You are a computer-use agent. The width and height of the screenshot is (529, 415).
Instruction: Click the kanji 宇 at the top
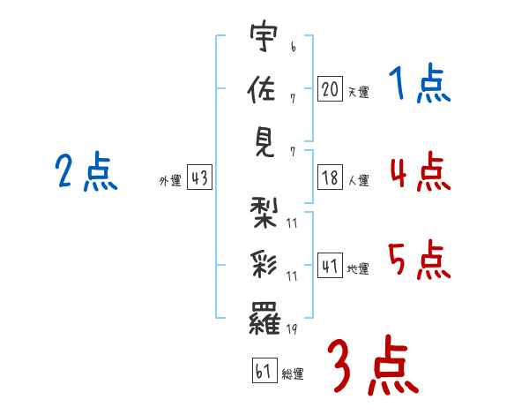264,35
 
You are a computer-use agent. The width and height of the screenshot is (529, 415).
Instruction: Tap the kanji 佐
262,88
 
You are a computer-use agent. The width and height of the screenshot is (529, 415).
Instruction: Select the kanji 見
264,143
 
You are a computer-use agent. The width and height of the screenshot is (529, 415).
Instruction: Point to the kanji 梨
264,212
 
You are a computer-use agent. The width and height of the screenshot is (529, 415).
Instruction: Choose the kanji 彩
264,265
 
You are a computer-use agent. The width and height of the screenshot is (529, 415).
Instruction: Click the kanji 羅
264,318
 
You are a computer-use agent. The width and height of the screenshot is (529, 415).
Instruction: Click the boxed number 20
330,88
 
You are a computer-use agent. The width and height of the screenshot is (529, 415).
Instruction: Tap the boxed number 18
330,177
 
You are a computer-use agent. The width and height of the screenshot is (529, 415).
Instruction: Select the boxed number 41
330,265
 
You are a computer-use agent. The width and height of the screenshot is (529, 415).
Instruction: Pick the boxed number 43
199,177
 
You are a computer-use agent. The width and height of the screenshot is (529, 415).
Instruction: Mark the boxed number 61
264,370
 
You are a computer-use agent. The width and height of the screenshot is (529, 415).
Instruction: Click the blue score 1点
420,83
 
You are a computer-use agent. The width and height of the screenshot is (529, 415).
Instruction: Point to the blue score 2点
86,170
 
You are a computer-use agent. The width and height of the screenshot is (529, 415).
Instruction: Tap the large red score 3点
374,365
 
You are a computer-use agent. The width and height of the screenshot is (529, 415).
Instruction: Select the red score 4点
421,171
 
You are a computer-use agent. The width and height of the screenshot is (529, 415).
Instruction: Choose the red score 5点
420,260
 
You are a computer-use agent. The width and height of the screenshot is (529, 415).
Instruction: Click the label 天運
359,92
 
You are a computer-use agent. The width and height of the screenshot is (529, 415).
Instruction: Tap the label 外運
170,180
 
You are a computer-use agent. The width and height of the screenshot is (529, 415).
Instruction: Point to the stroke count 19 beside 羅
292,328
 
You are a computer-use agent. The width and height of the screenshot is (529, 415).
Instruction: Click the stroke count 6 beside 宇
294,47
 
